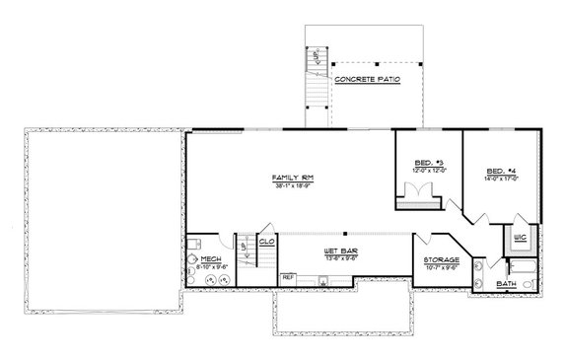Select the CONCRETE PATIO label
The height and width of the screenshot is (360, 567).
click(366, 78)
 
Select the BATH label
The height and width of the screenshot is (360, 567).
click(506, 286)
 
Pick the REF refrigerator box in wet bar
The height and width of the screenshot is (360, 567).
click(288, 278)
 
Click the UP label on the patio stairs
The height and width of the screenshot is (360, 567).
click(317, 60)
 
